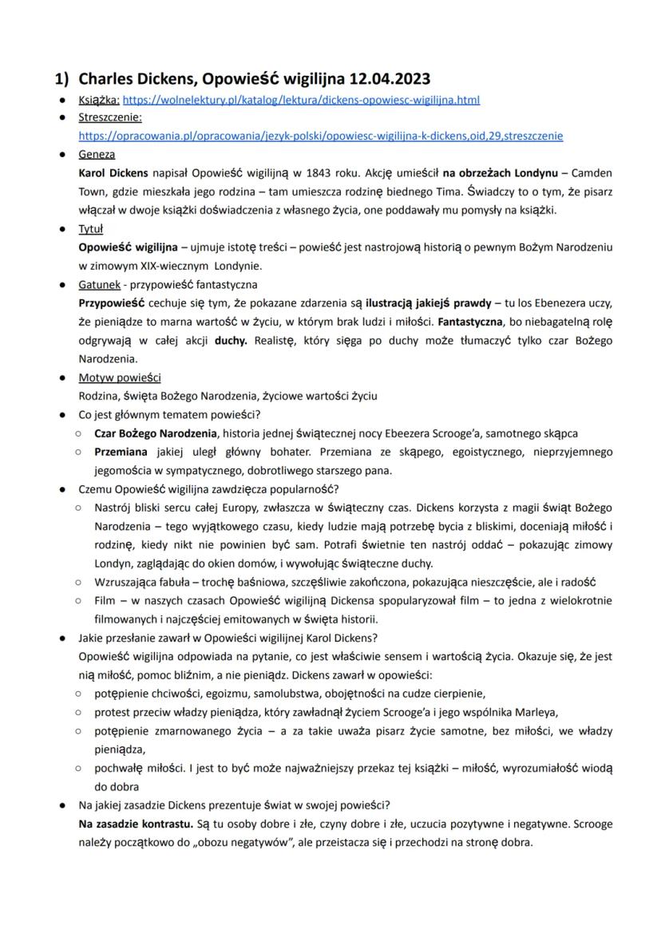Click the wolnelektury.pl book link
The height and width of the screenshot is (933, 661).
(x=301, y=101)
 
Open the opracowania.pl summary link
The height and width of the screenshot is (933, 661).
(x=320, y=136)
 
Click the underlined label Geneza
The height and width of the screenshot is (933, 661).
(x=97, y=154)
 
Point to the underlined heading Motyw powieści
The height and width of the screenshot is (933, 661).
(x=119, y=378)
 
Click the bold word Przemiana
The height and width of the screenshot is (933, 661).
(x=123, y=453)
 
